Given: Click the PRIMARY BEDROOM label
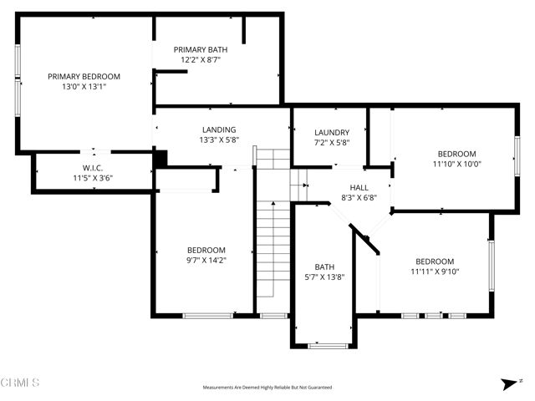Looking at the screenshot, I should coord(84,76).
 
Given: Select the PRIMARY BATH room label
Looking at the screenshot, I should coord(200,50).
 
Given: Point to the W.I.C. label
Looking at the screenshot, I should coord(92,167).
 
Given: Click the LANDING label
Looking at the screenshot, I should coord(218,129).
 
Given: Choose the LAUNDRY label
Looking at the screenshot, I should coord(332,133).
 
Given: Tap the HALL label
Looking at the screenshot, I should coord(359,188).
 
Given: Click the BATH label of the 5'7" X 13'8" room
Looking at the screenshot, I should coord(324,266).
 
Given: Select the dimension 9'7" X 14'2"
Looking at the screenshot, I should coord(206,261).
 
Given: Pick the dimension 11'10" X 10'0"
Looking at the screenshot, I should coord(456,164).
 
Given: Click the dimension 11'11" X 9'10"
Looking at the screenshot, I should coord(435,271).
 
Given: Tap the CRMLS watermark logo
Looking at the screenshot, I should coord(21,383).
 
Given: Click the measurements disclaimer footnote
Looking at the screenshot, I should coord(267,388).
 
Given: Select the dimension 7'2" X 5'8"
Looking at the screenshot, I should coord(332,143).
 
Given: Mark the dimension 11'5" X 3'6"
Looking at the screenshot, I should coord(92,177).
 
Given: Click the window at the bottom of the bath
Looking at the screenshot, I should coord(327,345).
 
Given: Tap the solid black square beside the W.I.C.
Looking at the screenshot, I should coord(160,157).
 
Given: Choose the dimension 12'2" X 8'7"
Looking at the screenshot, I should coord(200,60).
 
